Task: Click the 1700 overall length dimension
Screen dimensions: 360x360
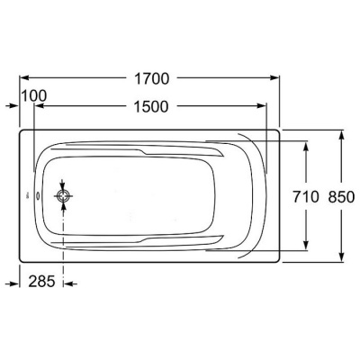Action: [151, 79]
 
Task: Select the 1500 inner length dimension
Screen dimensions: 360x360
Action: [151, 107]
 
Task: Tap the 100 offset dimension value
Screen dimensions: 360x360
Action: [34, 96]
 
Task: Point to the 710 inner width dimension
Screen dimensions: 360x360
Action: [305, 197]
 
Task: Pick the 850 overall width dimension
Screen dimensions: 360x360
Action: [341, 197]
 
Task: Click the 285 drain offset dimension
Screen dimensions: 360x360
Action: [41, 282]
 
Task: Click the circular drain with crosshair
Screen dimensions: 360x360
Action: [63, 196]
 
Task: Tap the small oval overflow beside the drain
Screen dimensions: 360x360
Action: [39, 196]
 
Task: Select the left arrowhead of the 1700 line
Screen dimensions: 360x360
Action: [24, 77]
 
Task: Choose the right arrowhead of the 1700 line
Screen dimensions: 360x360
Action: [275, 77]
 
